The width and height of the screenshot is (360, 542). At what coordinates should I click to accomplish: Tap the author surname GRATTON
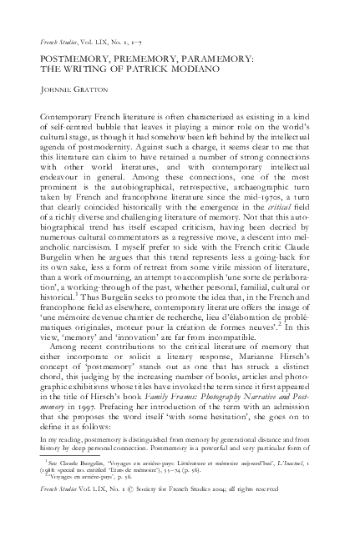(x=84, y=93)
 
